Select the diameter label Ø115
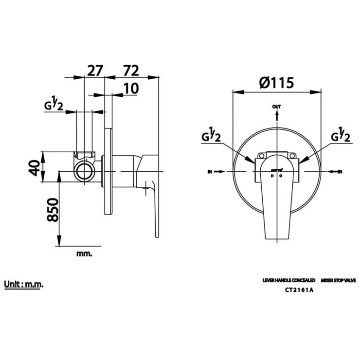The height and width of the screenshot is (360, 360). (x=276, y=83)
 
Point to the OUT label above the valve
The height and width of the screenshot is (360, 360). (x=276, y=106)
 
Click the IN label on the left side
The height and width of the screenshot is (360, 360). (x=210, y=172)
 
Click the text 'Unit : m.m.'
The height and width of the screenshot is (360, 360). (x=24, y=284)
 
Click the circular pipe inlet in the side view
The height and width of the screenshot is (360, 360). (x=86, y=171)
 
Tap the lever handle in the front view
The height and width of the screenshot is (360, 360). (x=276, y=204)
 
